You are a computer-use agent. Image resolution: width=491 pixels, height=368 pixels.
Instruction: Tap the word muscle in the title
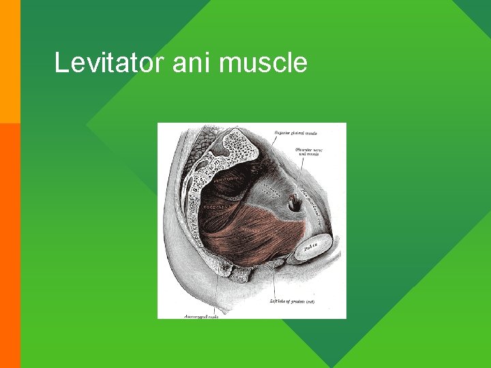(265, 64)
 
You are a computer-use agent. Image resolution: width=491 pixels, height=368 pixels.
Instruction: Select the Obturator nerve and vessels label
(309, 151)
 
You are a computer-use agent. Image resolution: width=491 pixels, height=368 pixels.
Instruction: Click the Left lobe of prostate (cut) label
(293, 301)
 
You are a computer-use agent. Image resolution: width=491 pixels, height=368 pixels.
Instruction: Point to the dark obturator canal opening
(295, 203)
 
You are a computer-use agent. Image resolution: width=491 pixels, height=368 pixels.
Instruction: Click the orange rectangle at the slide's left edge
(10, 245)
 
